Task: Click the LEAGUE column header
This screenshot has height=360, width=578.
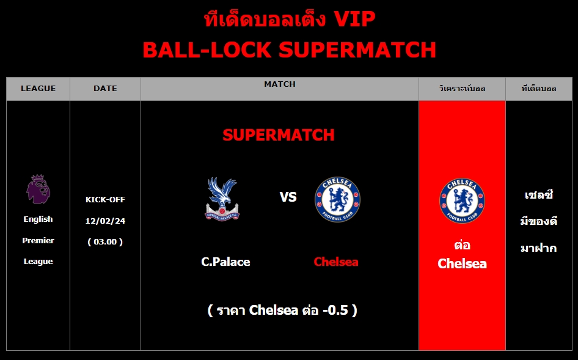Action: tap(38, 89)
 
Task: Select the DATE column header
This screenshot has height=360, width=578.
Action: tap(105, 89)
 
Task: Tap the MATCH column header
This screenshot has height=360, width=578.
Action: tap(280, 84)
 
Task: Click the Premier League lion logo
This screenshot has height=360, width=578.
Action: tap(38, 189)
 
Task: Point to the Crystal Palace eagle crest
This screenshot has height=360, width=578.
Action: tap(222, 199)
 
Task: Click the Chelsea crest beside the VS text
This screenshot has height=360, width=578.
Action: tap(337, 199)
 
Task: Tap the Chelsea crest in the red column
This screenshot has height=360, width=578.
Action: tap(462, 200)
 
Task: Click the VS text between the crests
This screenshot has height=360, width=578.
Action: tap(288, 197)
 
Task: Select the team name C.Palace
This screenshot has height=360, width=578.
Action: tap(225, 262)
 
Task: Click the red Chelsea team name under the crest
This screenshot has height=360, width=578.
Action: tap(336, 262)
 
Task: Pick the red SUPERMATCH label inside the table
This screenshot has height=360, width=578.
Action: tap(279, 135)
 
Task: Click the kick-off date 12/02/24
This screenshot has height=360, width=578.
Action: tap(105, 221)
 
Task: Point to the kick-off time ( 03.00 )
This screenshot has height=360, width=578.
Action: tap(105, 242)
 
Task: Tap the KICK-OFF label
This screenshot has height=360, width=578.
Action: tap(105, 199)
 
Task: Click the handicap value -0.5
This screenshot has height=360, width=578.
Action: tap(335, 310)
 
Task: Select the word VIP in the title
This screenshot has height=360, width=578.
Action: tap(354, 19)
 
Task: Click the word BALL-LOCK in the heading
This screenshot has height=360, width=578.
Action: tap(207, 50)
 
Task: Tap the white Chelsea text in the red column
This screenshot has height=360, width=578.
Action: tap(462, 263)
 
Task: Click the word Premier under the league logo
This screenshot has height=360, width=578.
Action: tap(38, 240)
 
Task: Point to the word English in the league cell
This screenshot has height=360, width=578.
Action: tap(38, 219)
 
